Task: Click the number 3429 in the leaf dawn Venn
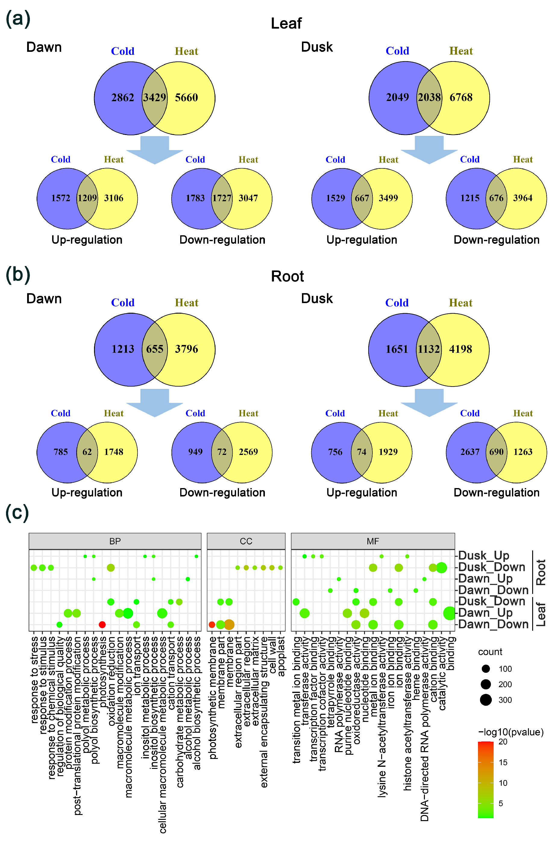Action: coord(154,97)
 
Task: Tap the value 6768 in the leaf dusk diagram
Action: coord(461,97)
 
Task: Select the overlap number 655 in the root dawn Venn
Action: coord(154,349)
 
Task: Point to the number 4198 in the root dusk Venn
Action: coord(460,349)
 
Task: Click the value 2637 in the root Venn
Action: coord(470,452)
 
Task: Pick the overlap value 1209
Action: coord(87,198)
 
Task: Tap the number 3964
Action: coord(523,198)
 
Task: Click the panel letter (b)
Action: coord(18,275)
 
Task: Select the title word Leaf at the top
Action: coord(286,24)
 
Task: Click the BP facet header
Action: coord(115,541)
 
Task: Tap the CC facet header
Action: coord(246,541)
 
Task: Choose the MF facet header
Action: coord(372,541)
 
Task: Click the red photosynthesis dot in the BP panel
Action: coord(102,625)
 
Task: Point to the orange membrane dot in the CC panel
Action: coord(229,625)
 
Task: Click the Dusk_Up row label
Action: coord(484,556)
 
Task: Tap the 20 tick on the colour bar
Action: coord(503,741)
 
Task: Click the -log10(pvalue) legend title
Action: coord(511,732)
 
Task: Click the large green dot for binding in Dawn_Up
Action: coord(450,613)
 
